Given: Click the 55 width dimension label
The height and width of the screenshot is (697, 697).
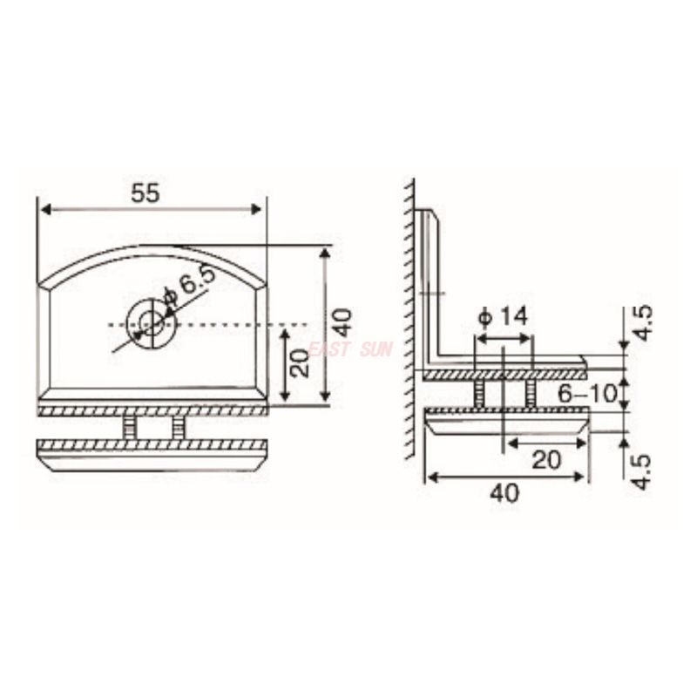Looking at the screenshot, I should pos(145,193).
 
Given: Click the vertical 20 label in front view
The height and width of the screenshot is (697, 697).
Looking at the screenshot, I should pos(299,362).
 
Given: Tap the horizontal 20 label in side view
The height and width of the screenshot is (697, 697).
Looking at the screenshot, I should pos(546,460).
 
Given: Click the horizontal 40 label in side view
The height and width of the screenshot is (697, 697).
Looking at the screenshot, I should pos(504,493).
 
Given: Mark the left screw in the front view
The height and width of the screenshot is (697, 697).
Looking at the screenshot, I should pos(130,426).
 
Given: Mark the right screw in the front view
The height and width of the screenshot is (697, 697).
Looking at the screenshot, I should pos(178,426).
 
